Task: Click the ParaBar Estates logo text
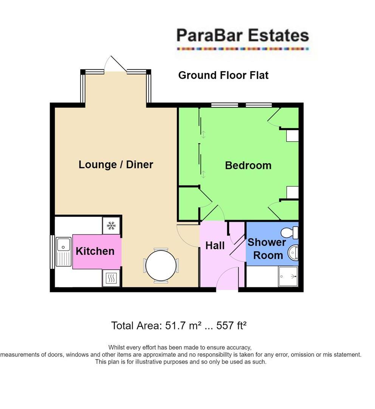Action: tap(242, 36)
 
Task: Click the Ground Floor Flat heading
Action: tap(223, 75)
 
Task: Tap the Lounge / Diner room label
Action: tap(116, 165)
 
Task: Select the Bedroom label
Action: tap(248, 165)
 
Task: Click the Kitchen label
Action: tap(95, 251)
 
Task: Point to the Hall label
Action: tap(215, 246)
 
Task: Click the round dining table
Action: tap(161, 265)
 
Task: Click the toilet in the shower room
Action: tap(291, 232)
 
